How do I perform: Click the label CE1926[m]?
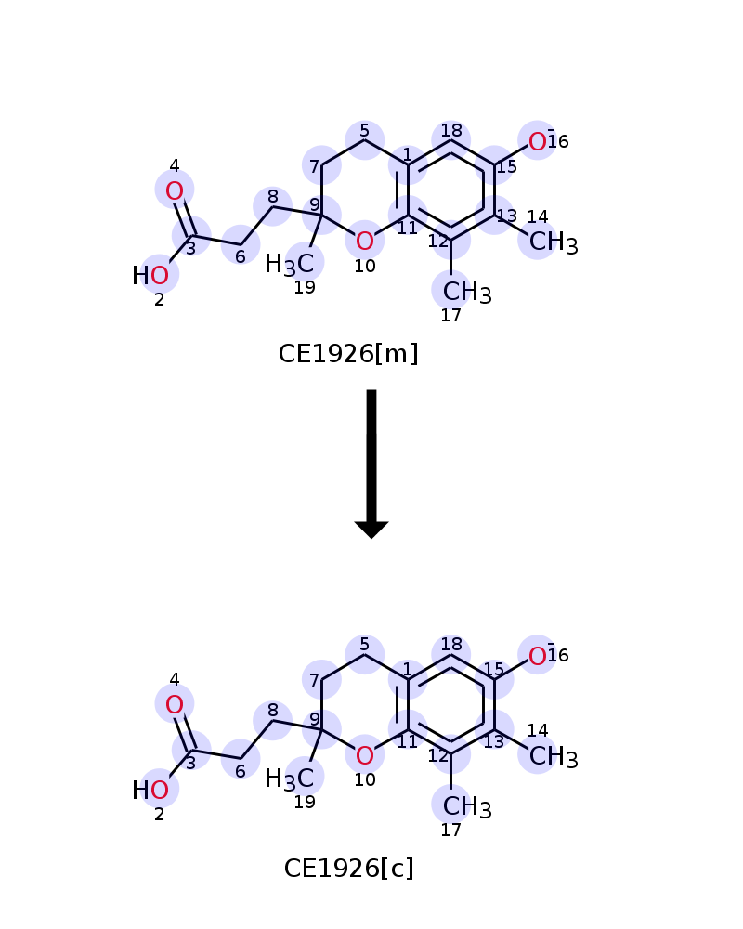[348, 354]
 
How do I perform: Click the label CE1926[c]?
[348, 869]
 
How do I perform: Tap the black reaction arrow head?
[371, 530]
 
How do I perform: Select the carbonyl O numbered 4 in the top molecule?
[175, 190]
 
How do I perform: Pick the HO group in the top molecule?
[150, 276]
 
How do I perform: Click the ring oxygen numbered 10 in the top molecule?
[365, 242]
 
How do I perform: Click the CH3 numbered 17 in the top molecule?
[467, 292]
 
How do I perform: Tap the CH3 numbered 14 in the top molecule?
[553, 242]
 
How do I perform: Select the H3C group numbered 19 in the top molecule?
[289, 264]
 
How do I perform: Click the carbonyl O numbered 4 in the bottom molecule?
[175, 705]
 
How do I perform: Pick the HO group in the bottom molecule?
[150, 790]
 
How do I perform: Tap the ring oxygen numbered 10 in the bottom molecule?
[365, 755]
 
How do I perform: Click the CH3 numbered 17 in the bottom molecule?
[467, 806]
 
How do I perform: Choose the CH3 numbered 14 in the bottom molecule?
[553, 756]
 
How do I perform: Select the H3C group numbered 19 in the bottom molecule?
[289, 779]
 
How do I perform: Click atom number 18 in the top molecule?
[450, 140]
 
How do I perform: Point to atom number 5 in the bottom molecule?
[364, 654]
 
